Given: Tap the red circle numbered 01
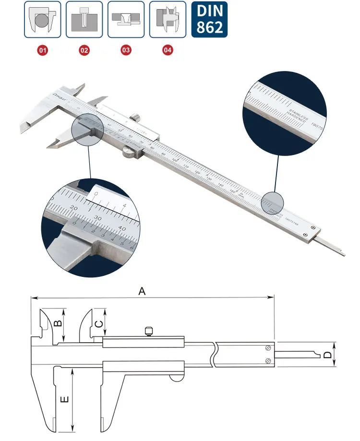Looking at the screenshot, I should [x=43, y=49].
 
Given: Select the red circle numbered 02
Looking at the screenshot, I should [x=84, y=49].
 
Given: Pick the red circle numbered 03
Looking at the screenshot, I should [x=126, y=49].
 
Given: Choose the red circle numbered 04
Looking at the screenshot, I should [x=168, y=49].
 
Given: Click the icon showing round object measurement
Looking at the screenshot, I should [x=43, y=20].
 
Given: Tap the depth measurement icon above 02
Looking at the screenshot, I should [x=84, y=20].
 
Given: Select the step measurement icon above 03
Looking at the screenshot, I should [x=126, y=20].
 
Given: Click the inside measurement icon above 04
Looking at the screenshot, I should [x=168, y=20].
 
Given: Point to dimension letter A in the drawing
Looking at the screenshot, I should [x=142, y=291].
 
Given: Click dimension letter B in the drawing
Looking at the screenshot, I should [x=57, y=323].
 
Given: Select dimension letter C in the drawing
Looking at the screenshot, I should [x=98, y=324].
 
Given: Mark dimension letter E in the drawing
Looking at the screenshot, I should [x=66, y=399].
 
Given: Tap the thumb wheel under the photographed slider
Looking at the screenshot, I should [x=128, y=153].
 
